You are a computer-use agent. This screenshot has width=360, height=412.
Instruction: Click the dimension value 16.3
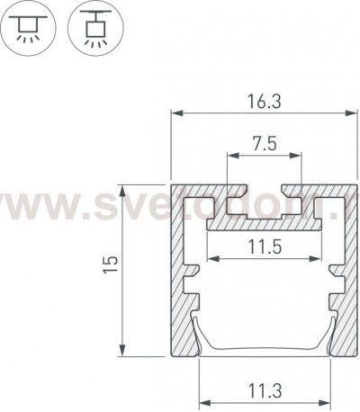(x=261, y=103)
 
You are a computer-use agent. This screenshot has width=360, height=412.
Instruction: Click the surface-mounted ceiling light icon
(x=29, y=27)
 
